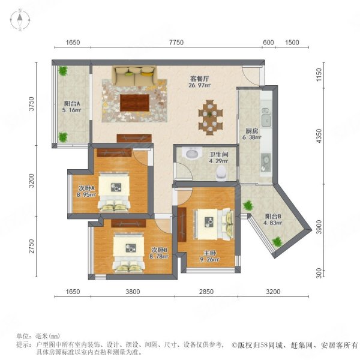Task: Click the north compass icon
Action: point(20,20)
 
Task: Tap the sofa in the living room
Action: point(134,76)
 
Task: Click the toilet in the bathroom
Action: point(220,172)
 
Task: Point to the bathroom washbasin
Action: point(191,154)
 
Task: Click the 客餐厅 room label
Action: point(201,82)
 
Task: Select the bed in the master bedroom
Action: point(213,222)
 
